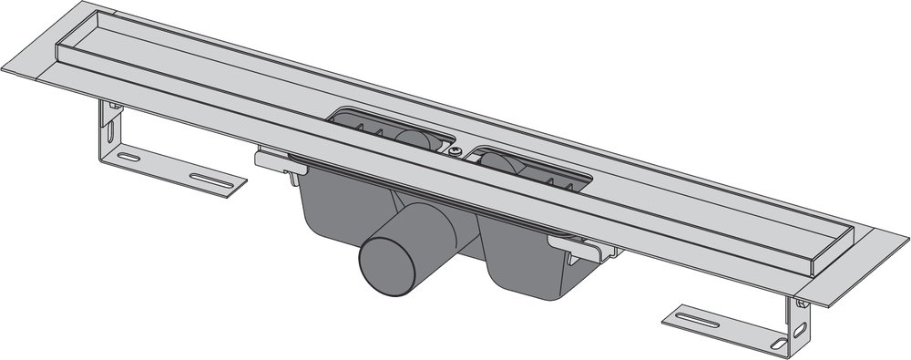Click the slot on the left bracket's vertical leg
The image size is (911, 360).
110,133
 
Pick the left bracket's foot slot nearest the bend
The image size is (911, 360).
130,158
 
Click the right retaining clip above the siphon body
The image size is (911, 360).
583,249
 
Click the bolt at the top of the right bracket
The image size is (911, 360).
799,303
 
